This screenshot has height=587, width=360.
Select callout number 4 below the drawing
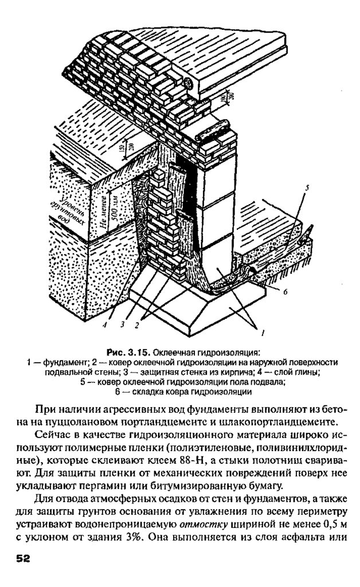pyautogui.click(x=105, y=324)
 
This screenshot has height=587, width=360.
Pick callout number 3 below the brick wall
pyautogui.click(x=122, y=324)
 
